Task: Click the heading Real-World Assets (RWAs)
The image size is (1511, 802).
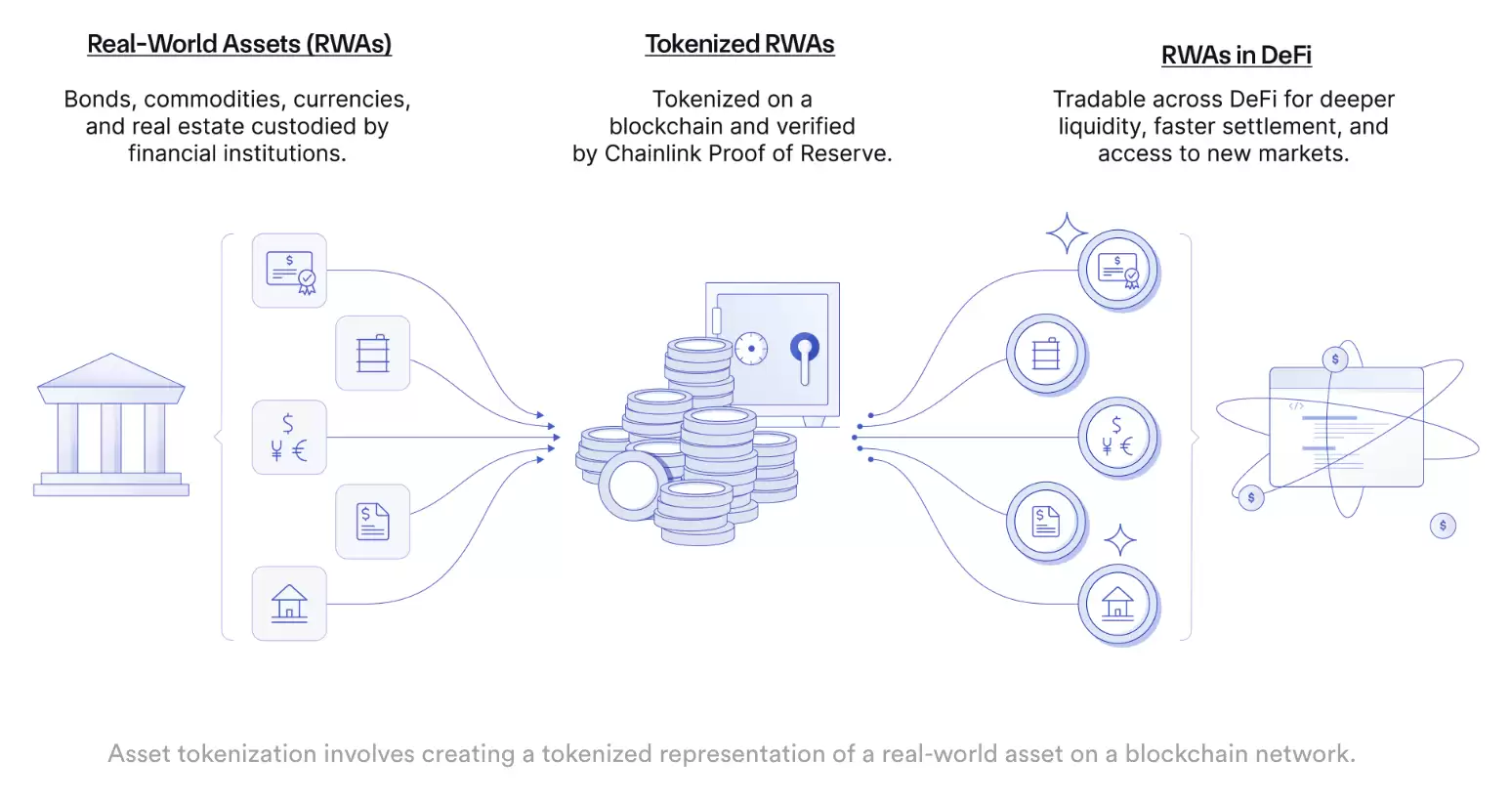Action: click(239, 44)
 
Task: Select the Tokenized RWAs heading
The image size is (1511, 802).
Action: click(739, 44)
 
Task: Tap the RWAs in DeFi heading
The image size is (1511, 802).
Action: click(1236, 56)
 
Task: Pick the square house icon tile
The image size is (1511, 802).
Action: click(289, 604)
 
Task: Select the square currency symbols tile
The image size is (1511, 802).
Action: click(289, 438)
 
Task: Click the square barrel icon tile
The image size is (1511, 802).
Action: click(372, 354)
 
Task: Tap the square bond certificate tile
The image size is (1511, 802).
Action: click(289, 271)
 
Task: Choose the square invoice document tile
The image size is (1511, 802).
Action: click(372, 522)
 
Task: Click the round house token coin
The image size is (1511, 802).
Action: click(1117, 604)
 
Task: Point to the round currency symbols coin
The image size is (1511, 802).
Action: click(1117, 437)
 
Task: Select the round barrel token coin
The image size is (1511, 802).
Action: click(1045, 353)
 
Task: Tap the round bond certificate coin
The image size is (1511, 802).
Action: click(1117, 270)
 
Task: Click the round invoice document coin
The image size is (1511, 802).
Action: click(1045, 521)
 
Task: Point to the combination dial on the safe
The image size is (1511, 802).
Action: click(751, 348)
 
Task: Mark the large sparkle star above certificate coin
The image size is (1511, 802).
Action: click(1066, 233)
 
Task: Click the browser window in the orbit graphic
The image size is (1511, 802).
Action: click(1345, 427)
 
